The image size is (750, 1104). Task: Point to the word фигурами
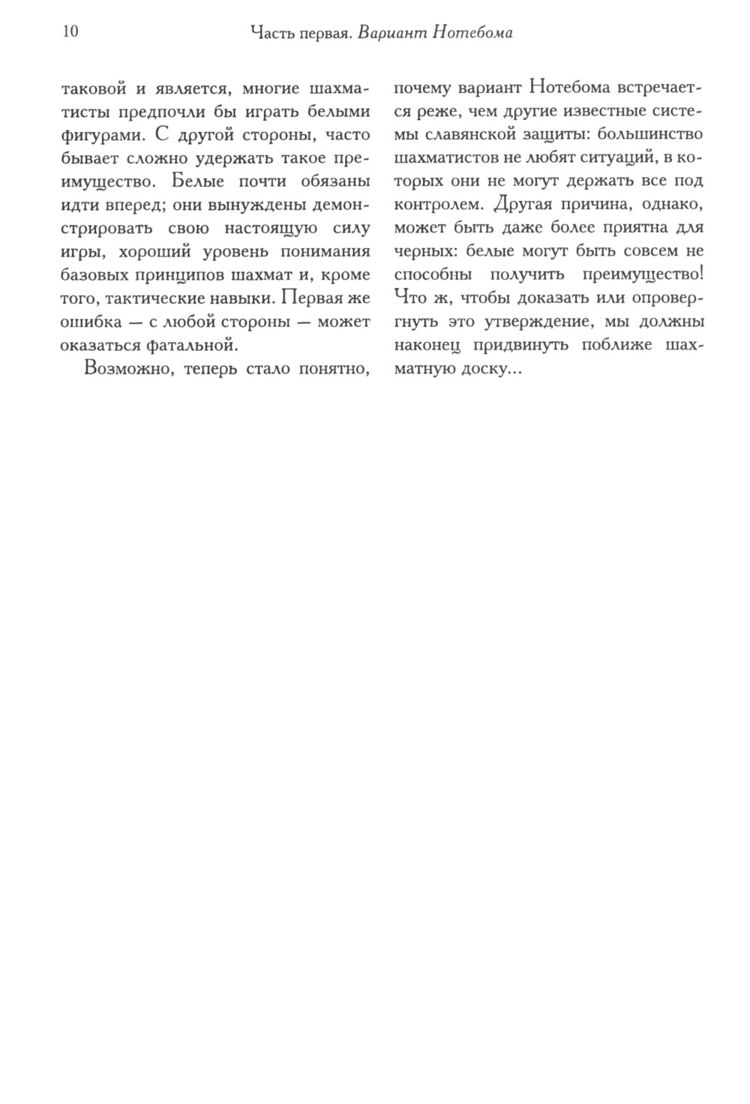[102, 136]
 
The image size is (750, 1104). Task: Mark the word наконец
[427, 346]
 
